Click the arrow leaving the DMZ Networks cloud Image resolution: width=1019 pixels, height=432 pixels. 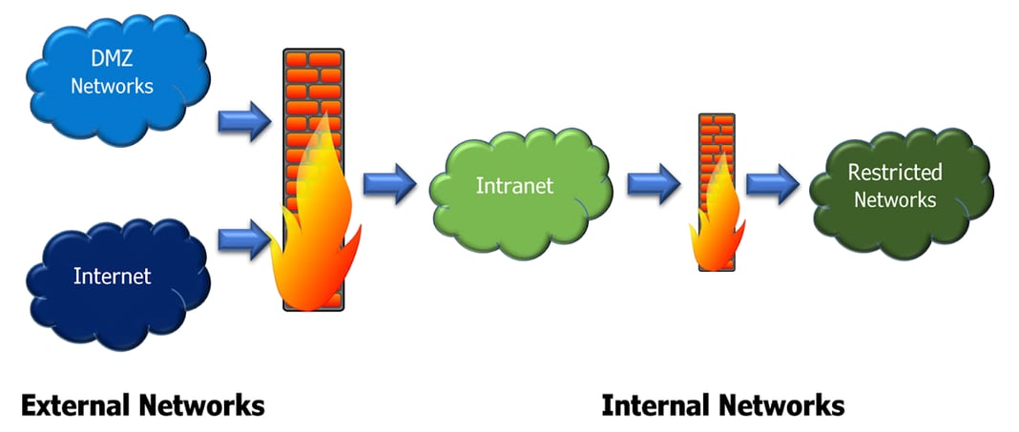point(242,123)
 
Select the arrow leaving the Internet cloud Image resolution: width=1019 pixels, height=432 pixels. point(242,237)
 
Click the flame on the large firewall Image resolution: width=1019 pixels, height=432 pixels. point(315,229)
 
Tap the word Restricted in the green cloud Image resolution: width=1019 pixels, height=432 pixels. point(895,173)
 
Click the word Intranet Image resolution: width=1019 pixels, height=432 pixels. point(514,185)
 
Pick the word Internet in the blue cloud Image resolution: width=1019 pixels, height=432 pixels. point(113,277)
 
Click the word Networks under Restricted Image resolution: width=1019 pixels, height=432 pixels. point(895,199)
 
